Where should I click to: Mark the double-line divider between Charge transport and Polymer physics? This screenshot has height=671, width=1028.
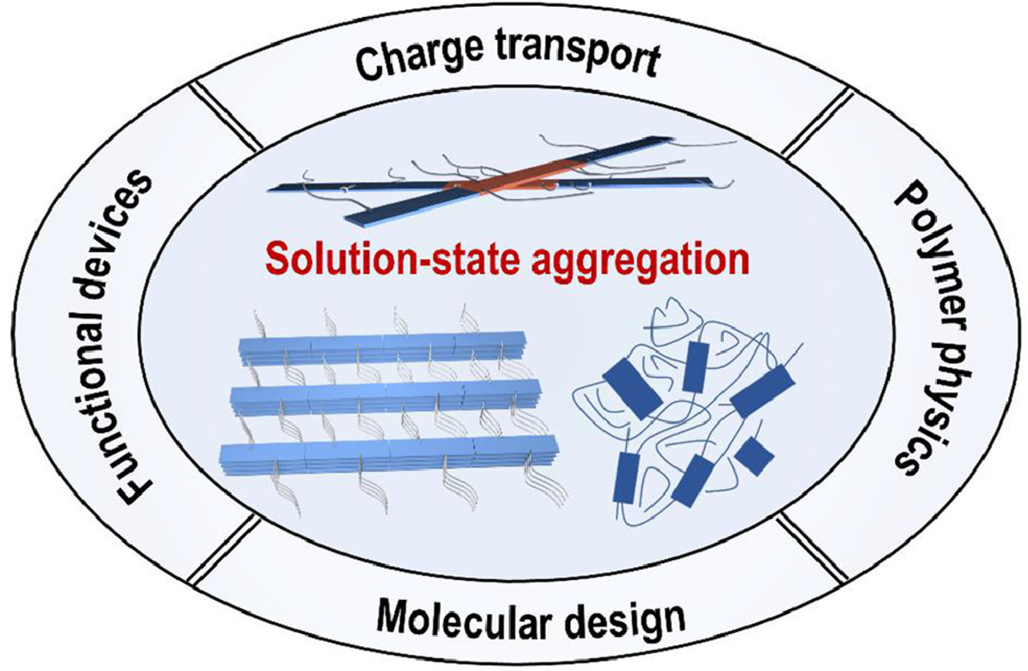coord(817,120)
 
